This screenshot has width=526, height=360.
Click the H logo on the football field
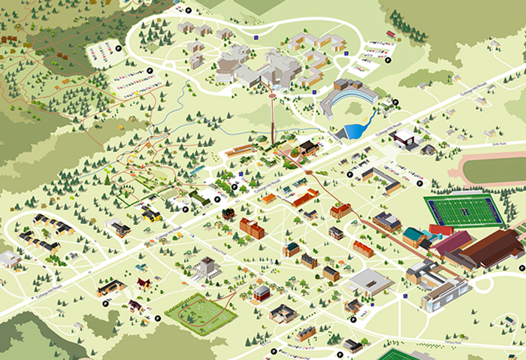pos(463,211)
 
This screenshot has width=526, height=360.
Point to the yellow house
pos(151,215)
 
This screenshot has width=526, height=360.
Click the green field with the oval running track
pos(196,311)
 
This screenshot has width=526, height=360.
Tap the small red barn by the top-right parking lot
pos(391,35)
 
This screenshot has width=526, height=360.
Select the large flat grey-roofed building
pos(370,283)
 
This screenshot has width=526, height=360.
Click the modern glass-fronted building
pos(443,295)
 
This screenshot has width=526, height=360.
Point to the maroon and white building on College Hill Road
pos(404,138)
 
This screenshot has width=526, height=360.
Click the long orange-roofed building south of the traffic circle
pos(305,198)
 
